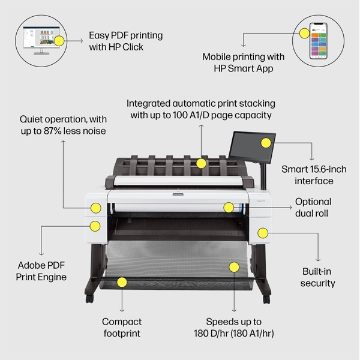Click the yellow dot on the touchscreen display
pyautogui.click(x=265, y=143)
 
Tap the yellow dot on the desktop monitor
pyautogui.click(x=58, y=41)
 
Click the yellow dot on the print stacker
pyautogui.click(x=202, y=163)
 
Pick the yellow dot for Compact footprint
pyautogui.click(x=122, y=281)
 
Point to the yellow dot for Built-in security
pyautogui.click(x=262, y=233)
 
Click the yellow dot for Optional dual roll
pyautogui.click(x=228, y=208)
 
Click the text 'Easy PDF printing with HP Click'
pyautogui.click(x=125, y=41)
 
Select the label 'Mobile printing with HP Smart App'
pyautogui.click(x=243, y=63)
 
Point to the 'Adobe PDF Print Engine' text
pyautogui.click(x=41, y=271)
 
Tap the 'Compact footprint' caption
pyautogui.click(x=121, y=327)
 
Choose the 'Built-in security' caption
pyautogui.click(x=318, y=277)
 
